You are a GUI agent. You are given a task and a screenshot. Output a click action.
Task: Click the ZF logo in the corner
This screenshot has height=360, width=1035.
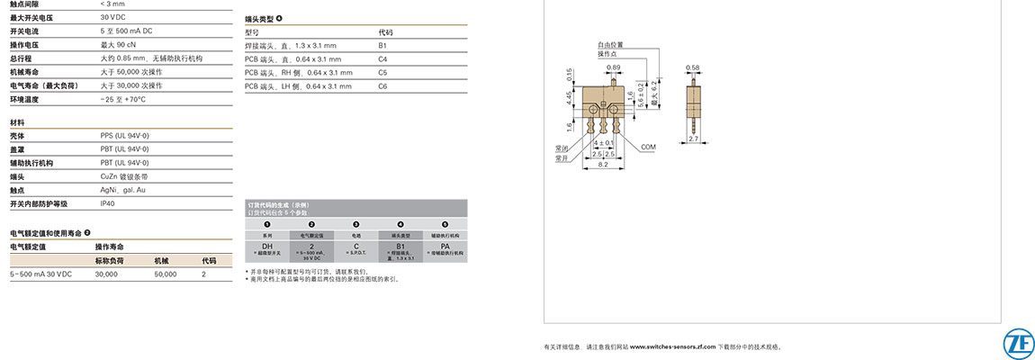click(1017, 344)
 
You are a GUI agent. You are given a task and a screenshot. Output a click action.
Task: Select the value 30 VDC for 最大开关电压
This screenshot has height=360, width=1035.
click(113, 17)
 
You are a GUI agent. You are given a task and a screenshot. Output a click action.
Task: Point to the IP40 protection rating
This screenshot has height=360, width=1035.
click(108, 203)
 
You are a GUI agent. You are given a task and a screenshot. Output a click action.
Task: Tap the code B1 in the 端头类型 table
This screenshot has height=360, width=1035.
click(382, 45)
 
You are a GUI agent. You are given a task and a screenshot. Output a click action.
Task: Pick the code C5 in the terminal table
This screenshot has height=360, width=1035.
click(382, 72)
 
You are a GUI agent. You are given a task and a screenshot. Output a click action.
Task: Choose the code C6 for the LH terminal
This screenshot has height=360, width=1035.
click(382, 85)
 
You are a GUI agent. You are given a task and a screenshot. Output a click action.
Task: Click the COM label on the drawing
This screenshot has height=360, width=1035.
click(648, 146)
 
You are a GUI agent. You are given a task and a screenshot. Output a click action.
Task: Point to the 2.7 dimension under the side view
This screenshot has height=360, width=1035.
click(694, 139)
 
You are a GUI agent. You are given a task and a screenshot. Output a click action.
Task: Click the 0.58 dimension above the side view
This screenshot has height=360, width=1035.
click(692, 67)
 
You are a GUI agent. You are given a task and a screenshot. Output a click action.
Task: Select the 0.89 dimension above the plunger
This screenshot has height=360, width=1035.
click(613, 67)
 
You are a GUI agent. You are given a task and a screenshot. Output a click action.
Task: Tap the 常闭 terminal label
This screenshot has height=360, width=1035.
click(562, 148)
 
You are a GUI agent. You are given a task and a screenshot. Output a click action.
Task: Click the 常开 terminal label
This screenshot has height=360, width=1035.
click(562, 157)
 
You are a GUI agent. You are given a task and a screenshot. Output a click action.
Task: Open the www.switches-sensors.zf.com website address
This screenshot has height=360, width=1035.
click(672, 346)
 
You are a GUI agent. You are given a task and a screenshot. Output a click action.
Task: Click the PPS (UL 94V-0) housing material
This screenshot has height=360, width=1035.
click(125, 135)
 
